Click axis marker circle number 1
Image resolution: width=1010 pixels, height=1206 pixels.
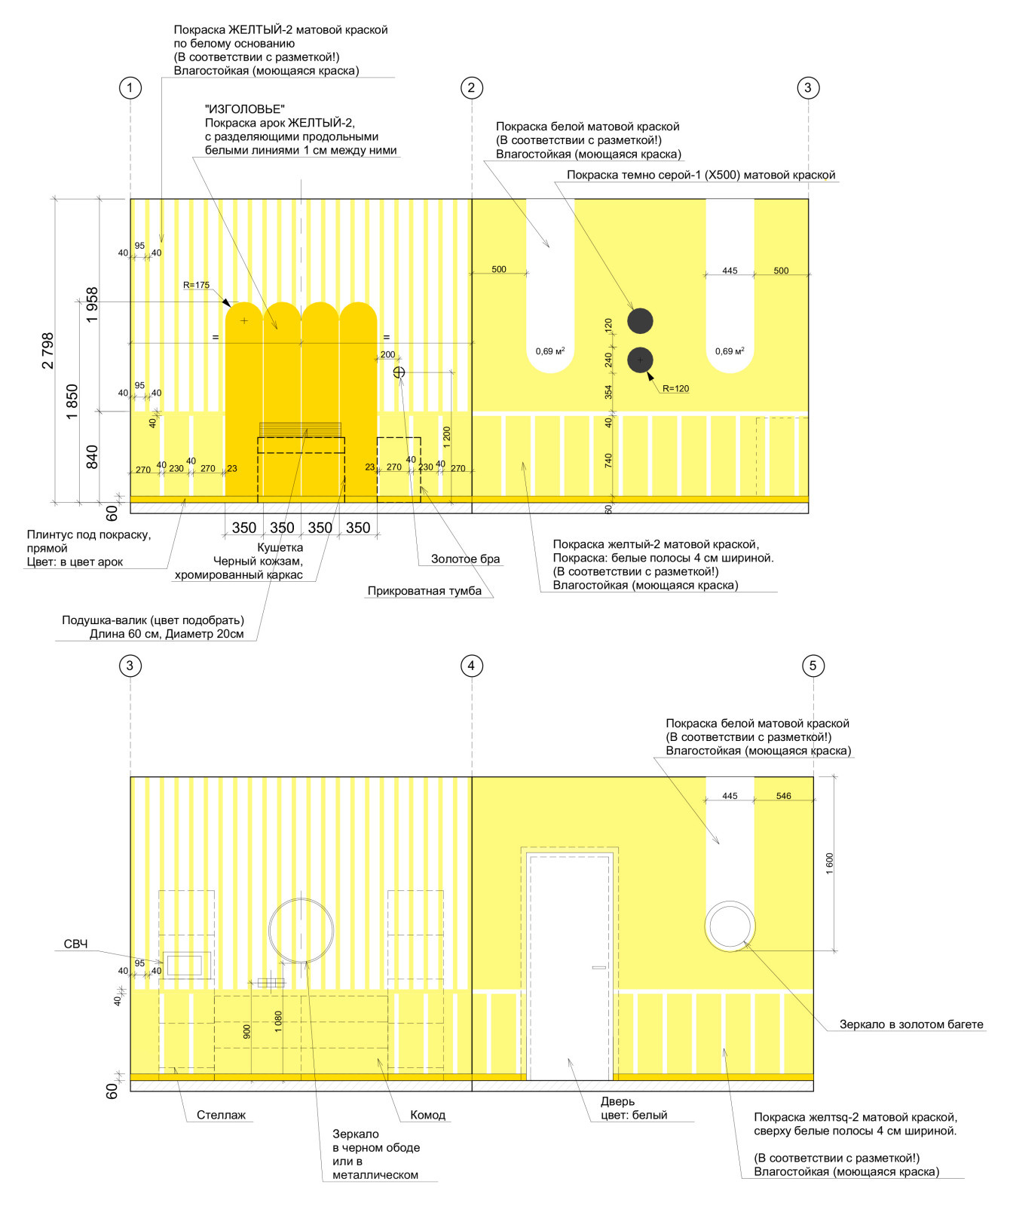point(130,88)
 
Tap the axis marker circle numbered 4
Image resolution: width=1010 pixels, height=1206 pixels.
point(472,666)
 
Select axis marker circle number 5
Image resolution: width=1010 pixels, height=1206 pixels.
point(813,666)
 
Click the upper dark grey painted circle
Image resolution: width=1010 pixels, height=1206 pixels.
point(640,321)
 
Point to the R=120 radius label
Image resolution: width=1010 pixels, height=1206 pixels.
point(675,389)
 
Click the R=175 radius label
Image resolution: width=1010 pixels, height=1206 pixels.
point(196,286)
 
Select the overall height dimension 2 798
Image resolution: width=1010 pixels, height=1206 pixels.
point(48,350)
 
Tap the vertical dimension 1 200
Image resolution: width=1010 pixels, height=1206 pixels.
point(447,437)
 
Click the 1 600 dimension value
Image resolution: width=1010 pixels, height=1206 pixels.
point(830,864)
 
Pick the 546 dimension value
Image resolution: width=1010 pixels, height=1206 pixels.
point(784,796)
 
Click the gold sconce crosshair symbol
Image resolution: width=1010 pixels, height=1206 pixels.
point(399,372)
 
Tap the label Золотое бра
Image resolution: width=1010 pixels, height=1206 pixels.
point(465,559)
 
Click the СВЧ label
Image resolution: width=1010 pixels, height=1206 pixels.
point(75,944)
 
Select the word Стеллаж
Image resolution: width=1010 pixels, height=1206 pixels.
point(221,1115)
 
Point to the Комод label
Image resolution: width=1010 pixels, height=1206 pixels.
point(427,1115)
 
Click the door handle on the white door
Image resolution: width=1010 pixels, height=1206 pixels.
point(599,968)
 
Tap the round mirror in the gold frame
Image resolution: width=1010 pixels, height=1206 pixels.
point(730,926)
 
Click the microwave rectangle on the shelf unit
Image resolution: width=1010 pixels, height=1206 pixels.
point(185,965)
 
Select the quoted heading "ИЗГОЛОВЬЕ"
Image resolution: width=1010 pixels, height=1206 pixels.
point(245,109)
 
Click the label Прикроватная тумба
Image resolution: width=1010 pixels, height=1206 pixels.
point(424,591)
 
